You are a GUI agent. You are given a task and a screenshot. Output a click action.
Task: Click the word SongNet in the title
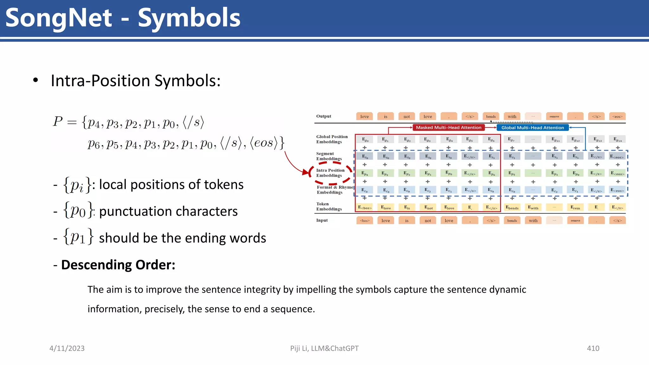click(59, 18)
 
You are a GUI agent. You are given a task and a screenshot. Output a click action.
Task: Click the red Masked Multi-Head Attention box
click(448, 127)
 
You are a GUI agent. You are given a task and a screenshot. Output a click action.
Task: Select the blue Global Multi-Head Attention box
click(532, 128)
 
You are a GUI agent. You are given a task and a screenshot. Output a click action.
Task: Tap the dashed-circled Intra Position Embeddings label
click(330, 173)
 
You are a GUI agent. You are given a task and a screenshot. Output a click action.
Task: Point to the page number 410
click(593, 348)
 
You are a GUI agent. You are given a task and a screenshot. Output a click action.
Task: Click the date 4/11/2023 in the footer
click(67, 348)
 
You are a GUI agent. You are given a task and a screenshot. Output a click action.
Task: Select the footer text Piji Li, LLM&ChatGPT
click(324, 348)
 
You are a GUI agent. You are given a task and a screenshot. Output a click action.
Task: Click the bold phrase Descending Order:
click(118, 265)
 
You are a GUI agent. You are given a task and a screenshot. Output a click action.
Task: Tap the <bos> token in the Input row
click(364, 221)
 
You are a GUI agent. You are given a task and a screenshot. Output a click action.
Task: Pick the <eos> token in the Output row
click(617, 117)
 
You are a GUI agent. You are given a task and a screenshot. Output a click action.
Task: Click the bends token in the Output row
click(491, 117)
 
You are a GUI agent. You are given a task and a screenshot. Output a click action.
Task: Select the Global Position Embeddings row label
click(331, 139)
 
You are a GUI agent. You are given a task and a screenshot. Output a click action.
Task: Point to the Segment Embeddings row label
click(329, 156)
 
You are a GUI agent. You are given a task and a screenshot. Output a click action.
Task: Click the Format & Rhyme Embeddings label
click(334, 189)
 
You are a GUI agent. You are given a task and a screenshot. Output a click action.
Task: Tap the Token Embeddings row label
click(329, 206)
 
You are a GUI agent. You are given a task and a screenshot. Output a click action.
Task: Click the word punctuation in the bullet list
click(141, 211)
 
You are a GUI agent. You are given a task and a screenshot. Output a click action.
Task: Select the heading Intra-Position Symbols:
click(136, 80)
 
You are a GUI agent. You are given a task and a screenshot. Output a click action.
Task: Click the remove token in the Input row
click(575, 221)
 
